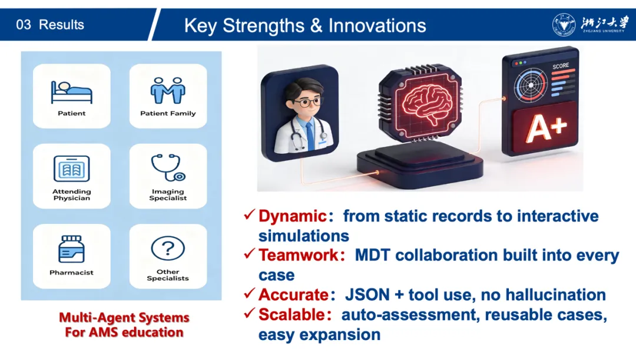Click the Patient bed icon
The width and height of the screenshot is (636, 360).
click(x=71, y=93)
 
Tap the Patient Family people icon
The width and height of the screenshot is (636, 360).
click(x=168, y=91)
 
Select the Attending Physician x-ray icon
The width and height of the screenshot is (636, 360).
click(x=71, y=169)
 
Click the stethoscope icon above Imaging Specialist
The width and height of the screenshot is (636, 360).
click(x=168, y=167)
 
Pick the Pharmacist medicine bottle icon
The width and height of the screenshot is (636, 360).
click(x=71, y=249)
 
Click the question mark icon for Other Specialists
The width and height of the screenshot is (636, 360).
click(x=168, y=248)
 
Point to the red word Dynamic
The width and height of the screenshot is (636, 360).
click(x=293, y=216)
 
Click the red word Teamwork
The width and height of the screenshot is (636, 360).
click(x=299, y=255)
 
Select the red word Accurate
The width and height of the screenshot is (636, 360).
click(x=293, y=295)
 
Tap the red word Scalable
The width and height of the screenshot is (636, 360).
click(x=291, y=315)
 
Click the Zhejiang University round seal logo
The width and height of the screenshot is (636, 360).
click(x=564, y=25)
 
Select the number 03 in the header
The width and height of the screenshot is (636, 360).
click(x=24, y=25)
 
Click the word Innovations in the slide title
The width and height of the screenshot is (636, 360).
click(x=377, y=25)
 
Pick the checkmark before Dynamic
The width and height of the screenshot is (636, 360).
click(x=250, y=214)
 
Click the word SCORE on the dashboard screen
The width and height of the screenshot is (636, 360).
click(x=561, y=66)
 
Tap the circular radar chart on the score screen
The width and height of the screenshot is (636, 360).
click(x=531, y=85)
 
